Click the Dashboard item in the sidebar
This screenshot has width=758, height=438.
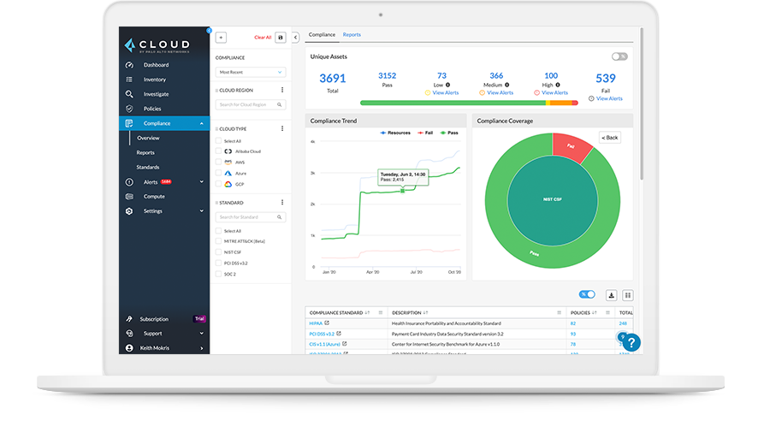pos(156,65)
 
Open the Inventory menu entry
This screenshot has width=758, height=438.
pos(154,80)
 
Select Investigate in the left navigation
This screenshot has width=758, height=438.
pos(156,94)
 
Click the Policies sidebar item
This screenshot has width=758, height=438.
pos(152,109)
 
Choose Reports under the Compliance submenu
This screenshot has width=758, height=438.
pos(145,152)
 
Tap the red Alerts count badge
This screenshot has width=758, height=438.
pos(166,182)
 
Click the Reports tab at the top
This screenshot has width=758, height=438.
pos(352,35)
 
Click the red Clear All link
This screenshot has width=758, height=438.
pos(263,38)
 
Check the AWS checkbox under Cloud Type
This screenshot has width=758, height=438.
pos(218,162)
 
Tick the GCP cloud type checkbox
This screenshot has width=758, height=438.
pos(218,184)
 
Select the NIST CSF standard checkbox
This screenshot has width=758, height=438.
pos(218,252)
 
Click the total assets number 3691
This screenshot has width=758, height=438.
pos(332,79)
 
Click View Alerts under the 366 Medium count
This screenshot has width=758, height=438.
pos(500,92)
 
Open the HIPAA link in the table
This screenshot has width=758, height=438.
pos(317,323)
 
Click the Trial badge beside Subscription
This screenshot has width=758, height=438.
pos(199,319)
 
